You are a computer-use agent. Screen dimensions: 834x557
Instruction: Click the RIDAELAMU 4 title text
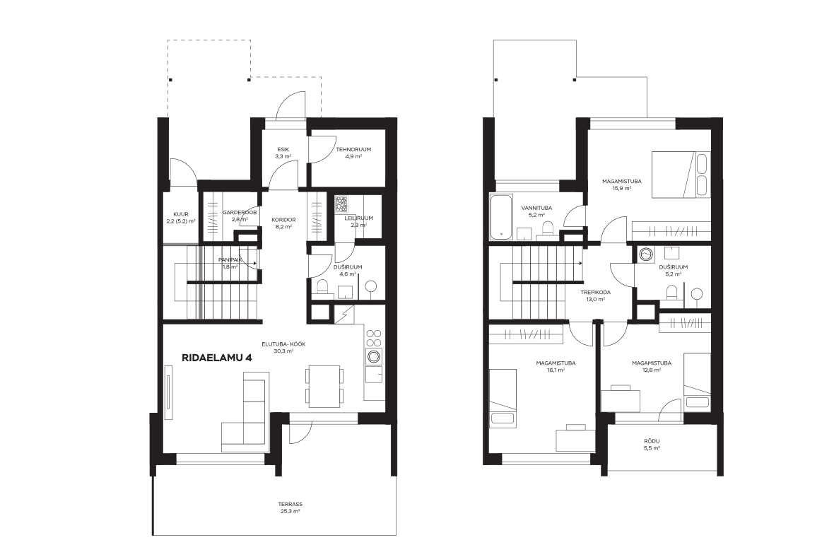tap(216, 358)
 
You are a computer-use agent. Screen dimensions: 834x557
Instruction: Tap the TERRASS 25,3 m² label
tap(290, 508)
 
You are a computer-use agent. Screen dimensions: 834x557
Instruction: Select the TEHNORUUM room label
tap(353, 149)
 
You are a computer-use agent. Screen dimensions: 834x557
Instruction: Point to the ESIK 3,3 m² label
tap(283, 153)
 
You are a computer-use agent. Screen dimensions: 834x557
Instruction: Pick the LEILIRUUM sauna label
tap(358, 218)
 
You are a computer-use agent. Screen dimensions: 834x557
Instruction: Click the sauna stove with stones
tap(341, 204)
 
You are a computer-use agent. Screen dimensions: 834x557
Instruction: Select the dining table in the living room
tap(324, 386)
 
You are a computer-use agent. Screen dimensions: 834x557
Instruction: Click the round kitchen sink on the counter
tap(374, 356)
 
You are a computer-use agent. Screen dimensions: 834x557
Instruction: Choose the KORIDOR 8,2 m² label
tap(283, 223)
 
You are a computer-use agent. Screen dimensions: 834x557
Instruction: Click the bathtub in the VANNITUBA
tap(501, 217)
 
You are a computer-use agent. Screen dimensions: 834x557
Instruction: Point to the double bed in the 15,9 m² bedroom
tap(681, 175)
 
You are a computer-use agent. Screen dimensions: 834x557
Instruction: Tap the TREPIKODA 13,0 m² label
tap(595, 295)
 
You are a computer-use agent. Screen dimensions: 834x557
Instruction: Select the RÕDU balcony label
tap(652, 445)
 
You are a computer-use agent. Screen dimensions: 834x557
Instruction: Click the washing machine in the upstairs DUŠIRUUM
tap(647, 254)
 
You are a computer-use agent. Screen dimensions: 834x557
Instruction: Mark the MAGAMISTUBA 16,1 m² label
tap(556, 367)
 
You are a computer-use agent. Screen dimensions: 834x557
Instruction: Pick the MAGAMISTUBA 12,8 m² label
tap(651, 367)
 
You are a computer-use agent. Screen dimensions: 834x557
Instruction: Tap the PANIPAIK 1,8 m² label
tap(230, 263)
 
